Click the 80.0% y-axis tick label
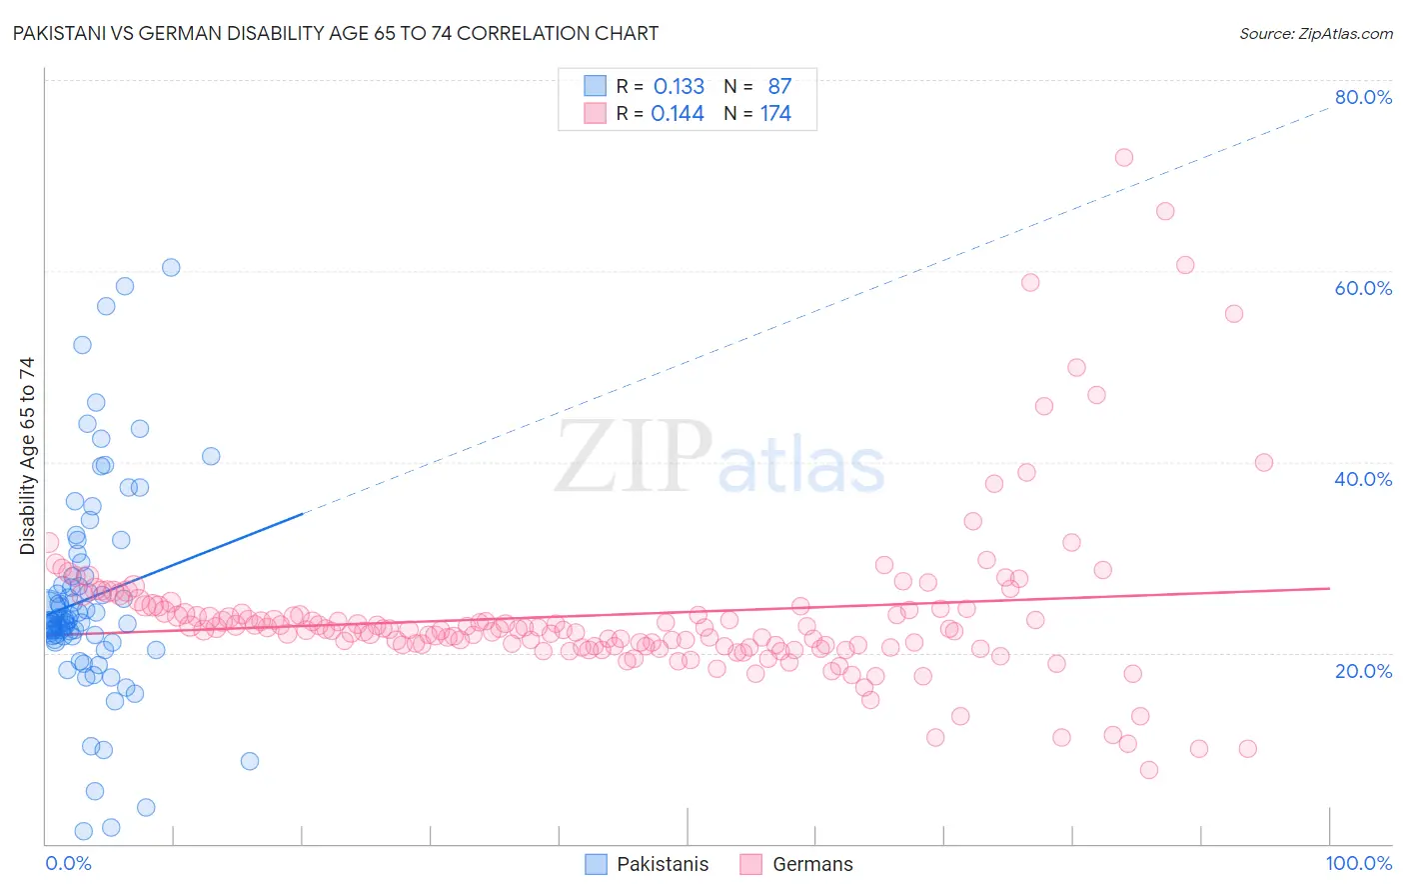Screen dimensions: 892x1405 coord(1363,97)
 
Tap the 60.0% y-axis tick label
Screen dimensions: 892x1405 coord(1363,288)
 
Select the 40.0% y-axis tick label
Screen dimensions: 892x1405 coord(1363,479)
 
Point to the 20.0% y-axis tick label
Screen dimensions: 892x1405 coord(1363,671)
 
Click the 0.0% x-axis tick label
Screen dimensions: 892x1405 coord(68,863)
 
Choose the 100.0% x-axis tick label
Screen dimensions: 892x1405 coord(1358,863)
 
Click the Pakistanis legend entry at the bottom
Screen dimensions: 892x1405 coord(662,864)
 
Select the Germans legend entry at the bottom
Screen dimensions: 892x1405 coord(812,864)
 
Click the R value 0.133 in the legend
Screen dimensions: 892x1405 coord(679,87)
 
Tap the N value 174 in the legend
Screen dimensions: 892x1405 coord(775,114)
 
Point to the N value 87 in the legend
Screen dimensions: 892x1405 coord(779,87)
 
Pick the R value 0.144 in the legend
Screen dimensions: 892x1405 coord(678,114)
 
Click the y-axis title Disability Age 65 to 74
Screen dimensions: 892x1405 coord(27,455)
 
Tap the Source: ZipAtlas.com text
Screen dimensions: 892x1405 coord(1315,33)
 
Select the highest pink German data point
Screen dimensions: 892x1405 coord(1123,157)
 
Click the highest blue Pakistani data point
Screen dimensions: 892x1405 coord(171,267)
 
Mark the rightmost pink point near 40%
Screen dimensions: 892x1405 coord(1263,462)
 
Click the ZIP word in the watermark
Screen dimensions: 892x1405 coord(633,457)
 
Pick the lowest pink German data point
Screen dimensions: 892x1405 coord(1148,769)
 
